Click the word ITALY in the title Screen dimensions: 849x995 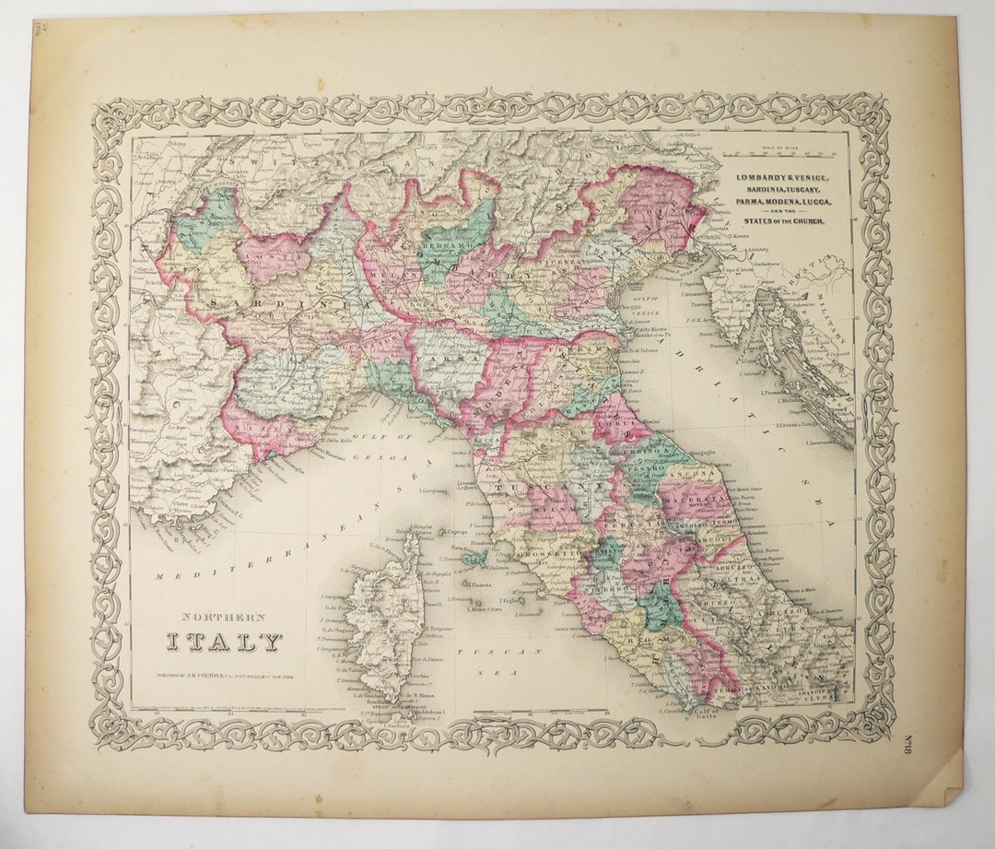click(x=224, y=642)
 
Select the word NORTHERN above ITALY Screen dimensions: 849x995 click(x=223, y=617)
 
